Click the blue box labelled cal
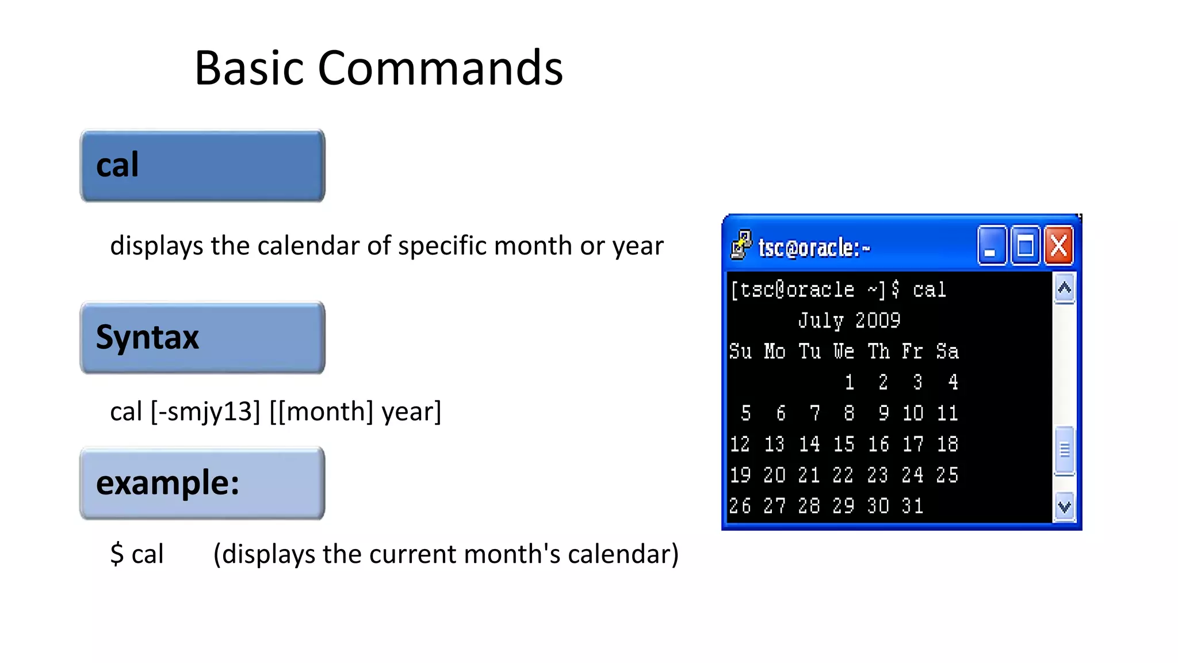[x=202, y=166]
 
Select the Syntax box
[x=202, y=338]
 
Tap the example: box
[x=202, y=483]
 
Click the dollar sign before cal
[x=117, y=554]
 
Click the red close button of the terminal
[x=1059, y=246]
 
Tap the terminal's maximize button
[x=1025, y=246]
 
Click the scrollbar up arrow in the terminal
[x=1064, y=288]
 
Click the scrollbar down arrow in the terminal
[x=1064, y=507]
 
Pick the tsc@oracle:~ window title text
[x=814, y=248]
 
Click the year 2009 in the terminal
[x=877, y=321]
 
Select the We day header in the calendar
[x=843, y=351]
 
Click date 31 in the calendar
[x=912, y=506]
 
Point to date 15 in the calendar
[x=843, y=444]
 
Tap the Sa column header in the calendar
[x=947, y=351]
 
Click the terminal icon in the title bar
[x=741, y=245]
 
